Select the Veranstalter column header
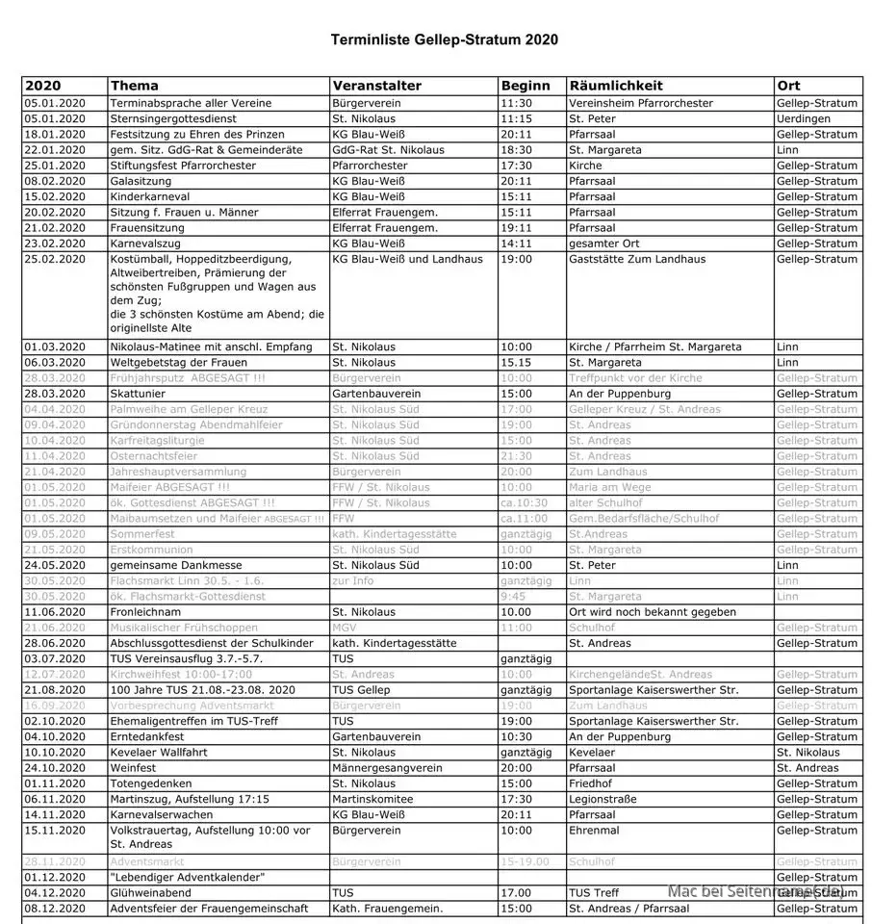point(376,86)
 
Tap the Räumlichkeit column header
point(616,86)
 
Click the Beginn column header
point(526,86)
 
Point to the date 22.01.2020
point(55,150)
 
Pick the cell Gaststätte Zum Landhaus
point(637,259)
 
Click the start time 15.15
point(516,363)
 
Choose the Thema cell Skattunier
point(141,394)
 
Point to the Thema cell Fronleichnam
point(145,612)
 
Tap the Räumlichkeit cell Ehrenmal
point(593,830)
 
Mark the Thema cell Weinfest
point(135,768)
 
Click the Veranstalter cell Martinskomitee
point(372,799)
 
